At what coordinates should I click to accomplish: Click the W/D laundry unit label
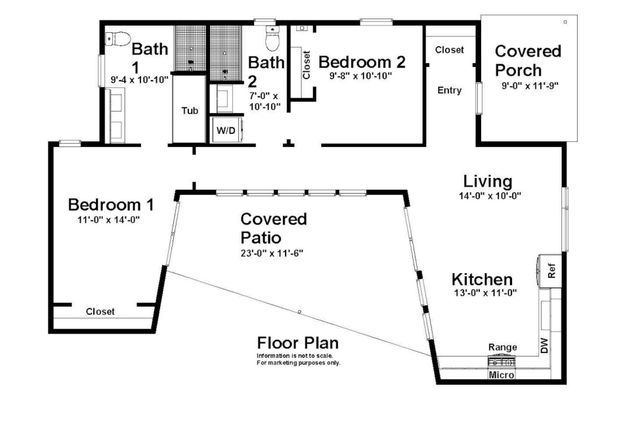[223, 129]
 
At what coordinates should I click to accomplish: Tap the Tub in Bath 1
[189, 110]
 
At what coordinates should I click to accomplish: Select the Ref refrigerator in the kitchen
[550, 269]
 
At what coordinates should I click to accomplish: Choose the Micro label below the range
[501, 376]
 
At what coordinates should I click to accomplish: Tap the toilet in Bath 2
[270, 39]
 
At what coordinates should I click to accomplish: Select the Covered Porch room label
[528, 60]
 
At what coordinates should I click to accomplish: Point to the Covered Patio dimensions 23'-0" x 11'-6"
[272, 253]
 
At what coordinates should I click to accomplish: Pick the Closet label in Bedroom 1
[100, 311]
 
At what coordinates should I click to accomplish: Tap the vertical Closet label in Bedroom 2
[306, 63]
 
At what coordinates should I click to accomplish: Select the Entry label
[450, 91]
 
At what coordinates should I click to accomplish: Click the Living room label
[487, 181]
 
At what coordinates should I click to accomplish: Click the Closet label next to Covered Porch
[450, 49]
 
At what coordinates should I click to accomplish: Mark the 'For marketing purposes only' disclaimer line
[298, 362]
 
